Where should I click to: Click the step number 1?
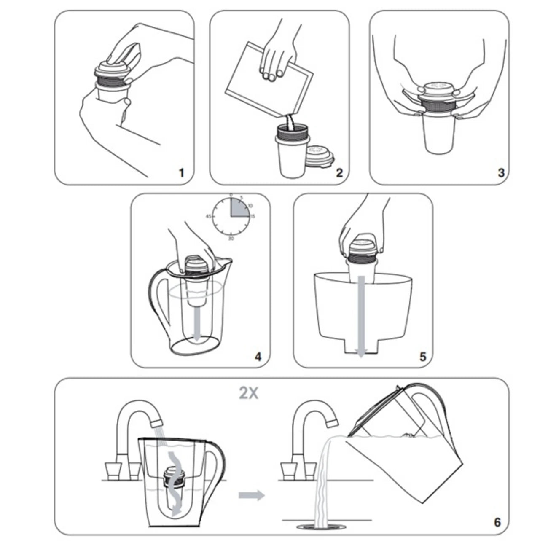tap(182, 173)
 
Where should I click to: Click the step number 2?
tap(340, 172)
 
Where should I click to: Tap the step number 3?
tap(501, 172)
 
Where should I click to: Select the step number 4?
tap(258, 357)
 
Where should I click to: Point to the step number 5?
tap(423, 357)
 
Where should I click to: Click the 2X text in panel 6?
tap(248, 393)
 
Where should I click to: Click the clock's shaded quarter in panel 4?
tap(239, 208)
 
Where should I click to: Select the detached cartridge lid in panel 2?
tap(321, 156)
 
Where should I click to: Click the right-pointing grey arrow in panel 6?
tap(251, 495)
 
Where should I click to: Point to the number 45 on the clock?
tap(208, 216)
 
